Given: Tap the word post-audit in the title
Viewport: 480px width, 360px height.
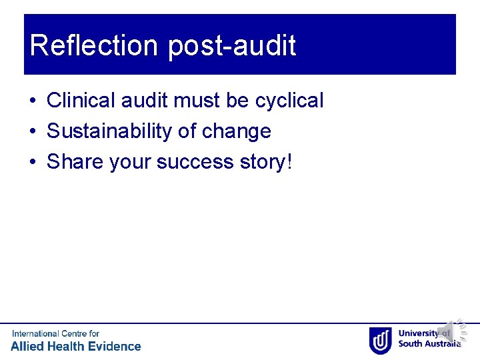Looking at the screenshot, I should coord(231,46).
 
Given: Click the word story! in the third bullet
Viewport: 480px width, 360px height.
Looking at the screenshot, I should coord(269,162).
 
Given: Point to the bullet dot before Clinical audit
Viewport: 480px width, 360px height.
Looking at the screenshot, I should coord(32,101).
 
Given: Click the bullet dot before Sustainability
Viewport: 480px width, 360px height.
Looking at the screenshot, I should coord(32,132).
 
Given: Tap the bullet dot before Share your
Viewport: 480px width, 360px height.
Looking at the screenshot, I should coord(32,163).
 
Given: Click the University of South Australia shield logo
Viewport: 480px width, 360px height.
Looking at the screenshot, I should coord(380,339).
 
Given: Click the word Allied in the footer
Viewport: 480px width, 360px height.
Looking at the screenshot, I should coord(29,346).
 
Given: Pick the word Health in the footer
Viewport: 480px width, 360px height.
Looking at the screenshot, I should coord(69,346).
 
